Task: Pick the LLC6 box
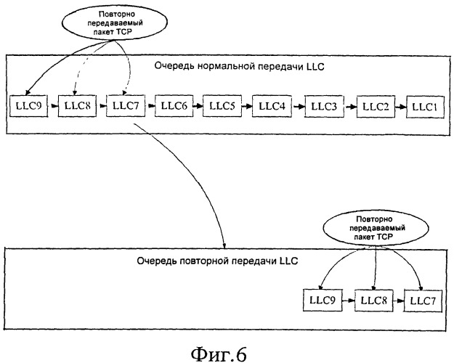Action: (x=174, y=106)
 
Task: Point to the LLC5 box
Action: (x=222, y=106)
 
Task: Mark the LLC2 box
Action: (x=376, y=106)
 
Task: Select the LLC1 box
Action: (x=423, y=106)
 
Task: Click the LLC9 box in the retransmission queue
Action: (x=320, y=300)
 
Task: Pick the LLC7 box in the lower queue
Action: (x=424, y=300)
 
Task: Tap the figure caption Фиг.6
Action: (x=227, y=348)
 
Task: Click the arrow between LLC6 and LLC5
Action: (x=198, y=106)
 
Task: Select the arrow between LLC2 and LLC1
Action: (x=400, y=106)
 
